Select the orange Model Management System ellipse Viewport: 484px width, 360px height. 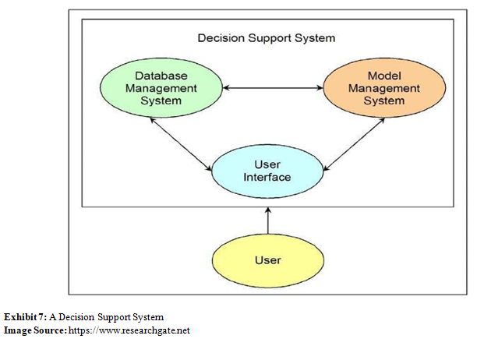[373, 87]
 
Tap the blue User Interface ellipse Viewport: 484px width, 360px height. [267, 171]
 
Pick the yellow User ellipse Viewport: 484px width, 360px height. [267, 259]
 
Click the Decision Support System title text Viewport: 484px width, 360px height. [267, 37]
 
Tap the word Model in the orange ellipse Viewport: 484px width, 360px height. [373, 76]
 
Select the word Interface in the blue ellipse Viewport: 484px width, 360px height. [267, 178]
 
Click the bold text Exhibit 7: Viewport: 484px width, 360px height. [23, 317]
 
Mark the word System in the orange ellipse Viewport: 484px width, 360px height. [373, 101]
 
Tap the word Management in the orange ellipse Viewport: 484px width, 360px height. [373, 88]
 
